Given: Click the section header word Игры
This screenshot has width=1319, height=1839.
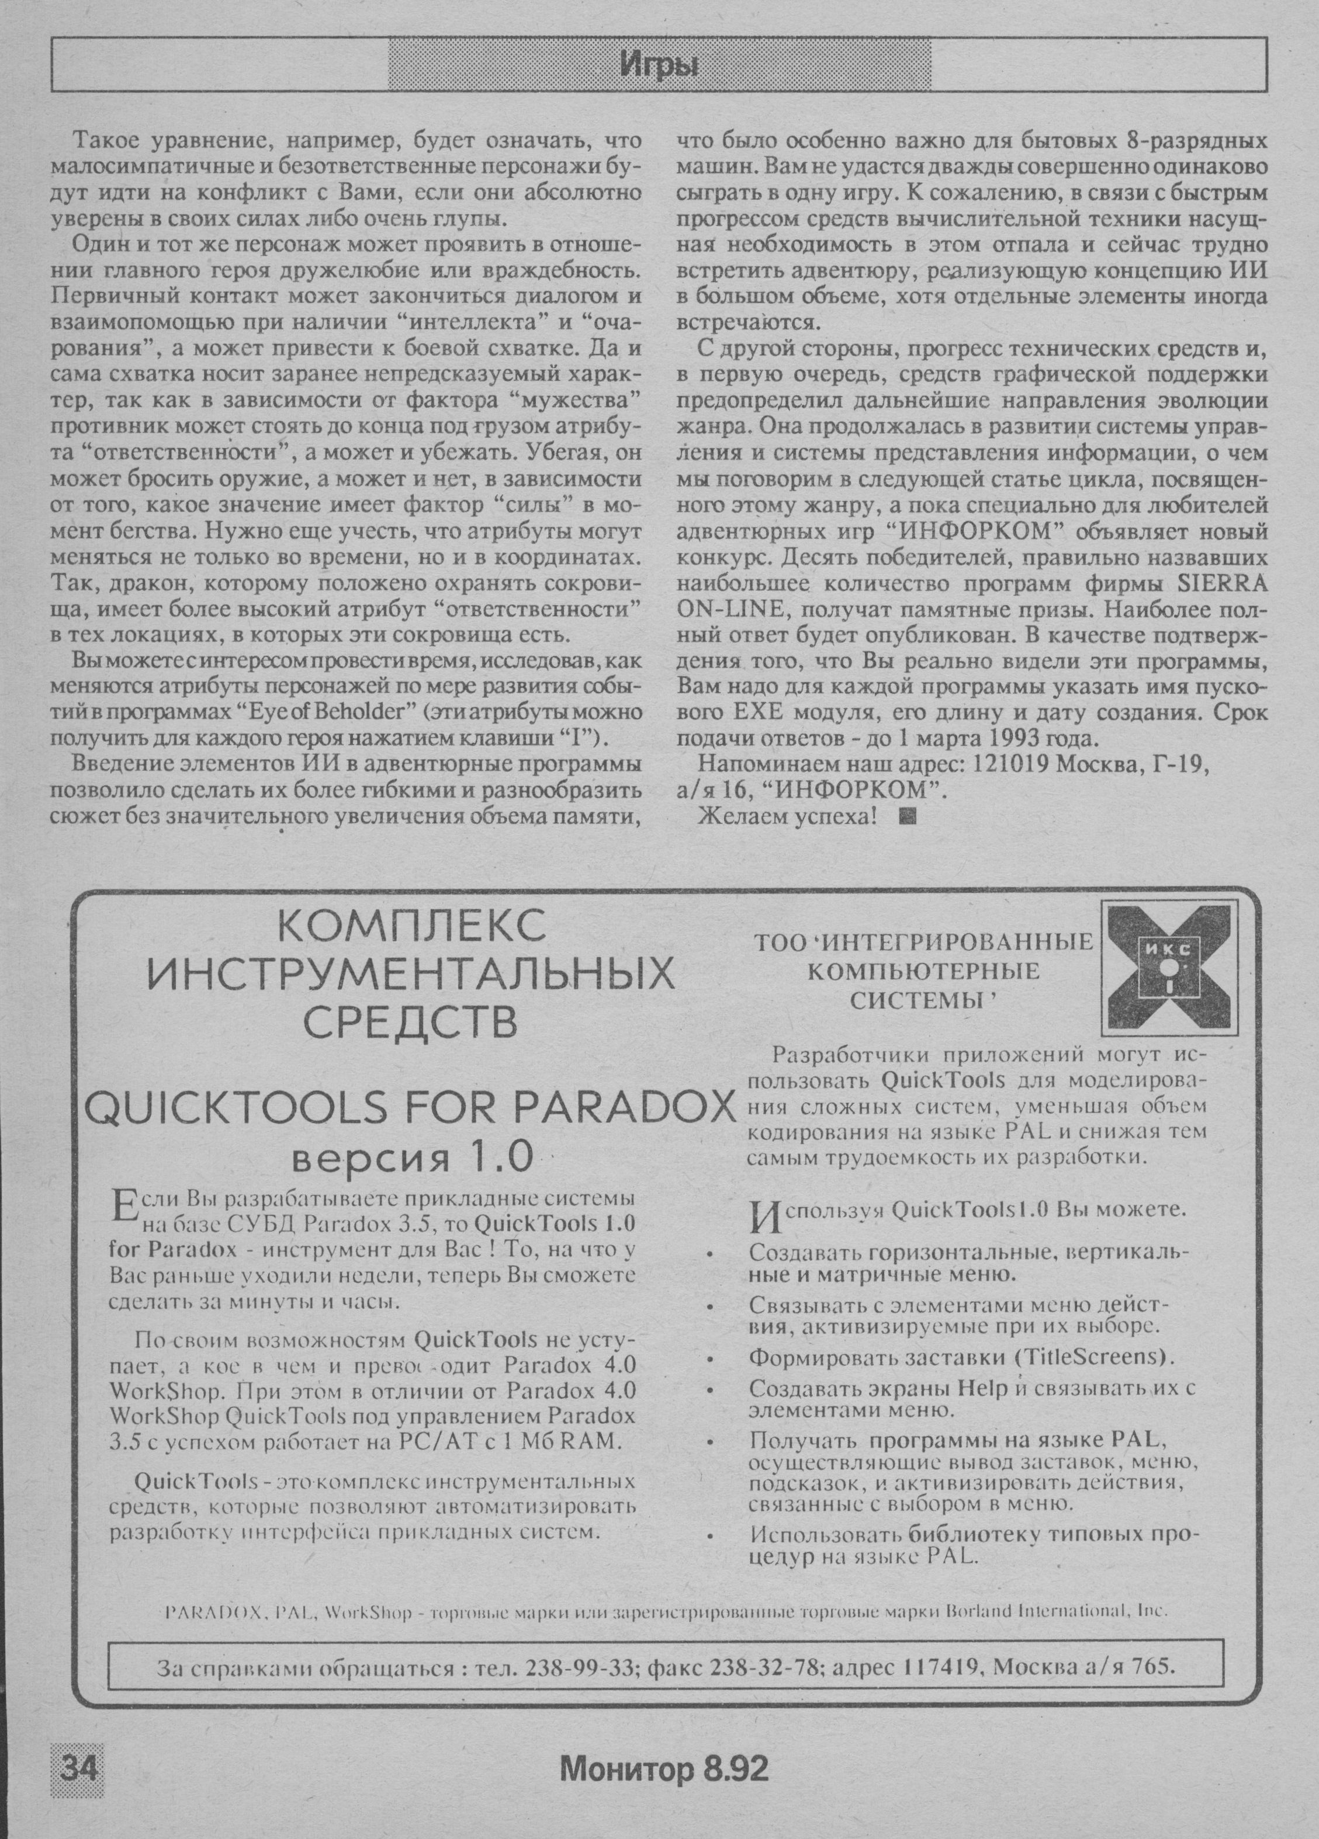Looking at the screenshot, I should [659, 64].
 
